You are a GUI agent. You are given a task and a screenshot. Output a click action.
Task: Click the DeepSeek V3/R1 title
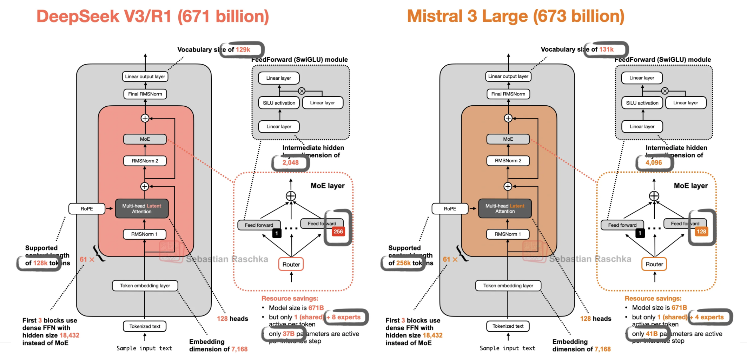[153, 16]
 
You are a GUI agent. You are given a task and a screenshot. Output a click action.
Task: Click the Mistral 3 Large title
[515, 16]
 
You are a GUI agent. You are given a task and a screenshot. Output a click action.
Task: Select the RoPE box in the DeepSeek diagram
[87, 209]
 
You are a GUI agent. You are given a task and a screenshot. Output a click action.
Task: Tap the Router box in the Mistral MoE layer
[654, 264]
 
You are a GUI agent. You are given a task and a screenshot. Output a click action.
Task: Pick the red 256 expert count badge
[338, 232]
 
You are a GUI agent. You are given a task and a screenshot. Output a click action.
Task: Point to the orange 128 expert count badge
[701, 232]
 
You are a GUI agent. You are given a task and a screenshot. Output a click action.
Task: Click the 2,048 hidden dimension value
[290, 163]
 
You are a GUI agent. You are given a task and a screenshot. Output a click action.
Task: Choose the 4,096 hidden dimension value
[653, 163]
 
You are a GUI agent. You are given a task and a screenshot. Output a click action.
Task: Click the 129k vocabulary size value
[243, 50]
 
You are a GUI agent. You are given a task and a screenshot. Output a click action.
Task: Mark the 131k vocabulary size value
[606, 49]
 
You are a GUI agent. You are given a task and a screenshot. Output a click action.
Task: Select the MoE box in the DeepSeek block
[145, 139]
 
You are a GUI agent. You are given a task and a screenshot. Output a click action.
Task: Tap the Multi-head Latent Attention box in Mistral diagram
[505, 209]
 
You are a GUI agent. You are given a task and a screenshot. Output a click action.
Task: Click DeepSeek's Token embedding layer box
[145, 286]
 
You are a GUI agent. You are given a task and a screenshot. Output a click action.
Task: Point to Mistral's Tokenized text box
[508, 326]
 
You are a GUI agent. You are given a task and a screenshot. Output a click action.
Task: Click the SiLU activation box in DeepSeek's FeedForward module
[279, 103]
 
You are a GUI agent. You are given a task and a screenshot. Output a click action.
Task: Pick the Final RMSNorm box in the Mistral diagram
[508, 94]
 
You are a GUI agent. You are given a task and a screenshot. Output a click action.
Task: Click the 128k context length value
[40, 263]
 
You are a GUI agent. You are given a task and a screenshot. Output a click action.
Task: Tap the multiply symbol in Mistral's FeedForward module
[665, 91]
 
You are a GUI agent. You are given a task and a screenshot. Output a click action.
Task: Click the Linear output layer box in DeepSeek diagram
[145, 76]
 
